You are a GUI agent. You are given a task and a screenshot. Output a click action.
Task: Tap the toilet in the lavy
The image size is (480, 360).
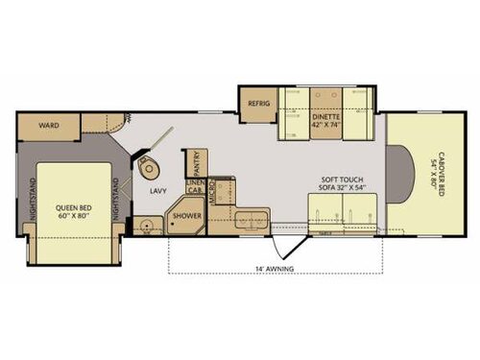(x=149, y=167)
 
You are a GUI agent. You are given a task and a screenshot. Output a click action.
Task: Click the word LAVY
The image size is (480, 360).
(x=158, y=191)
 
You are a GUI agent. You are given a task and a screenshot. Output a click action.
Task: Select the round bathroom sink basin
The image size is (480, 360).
(x=146, y=228)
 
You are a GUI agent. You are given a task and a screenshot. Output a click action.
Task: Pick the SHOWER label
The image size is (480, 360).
(x=186, y=216)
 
